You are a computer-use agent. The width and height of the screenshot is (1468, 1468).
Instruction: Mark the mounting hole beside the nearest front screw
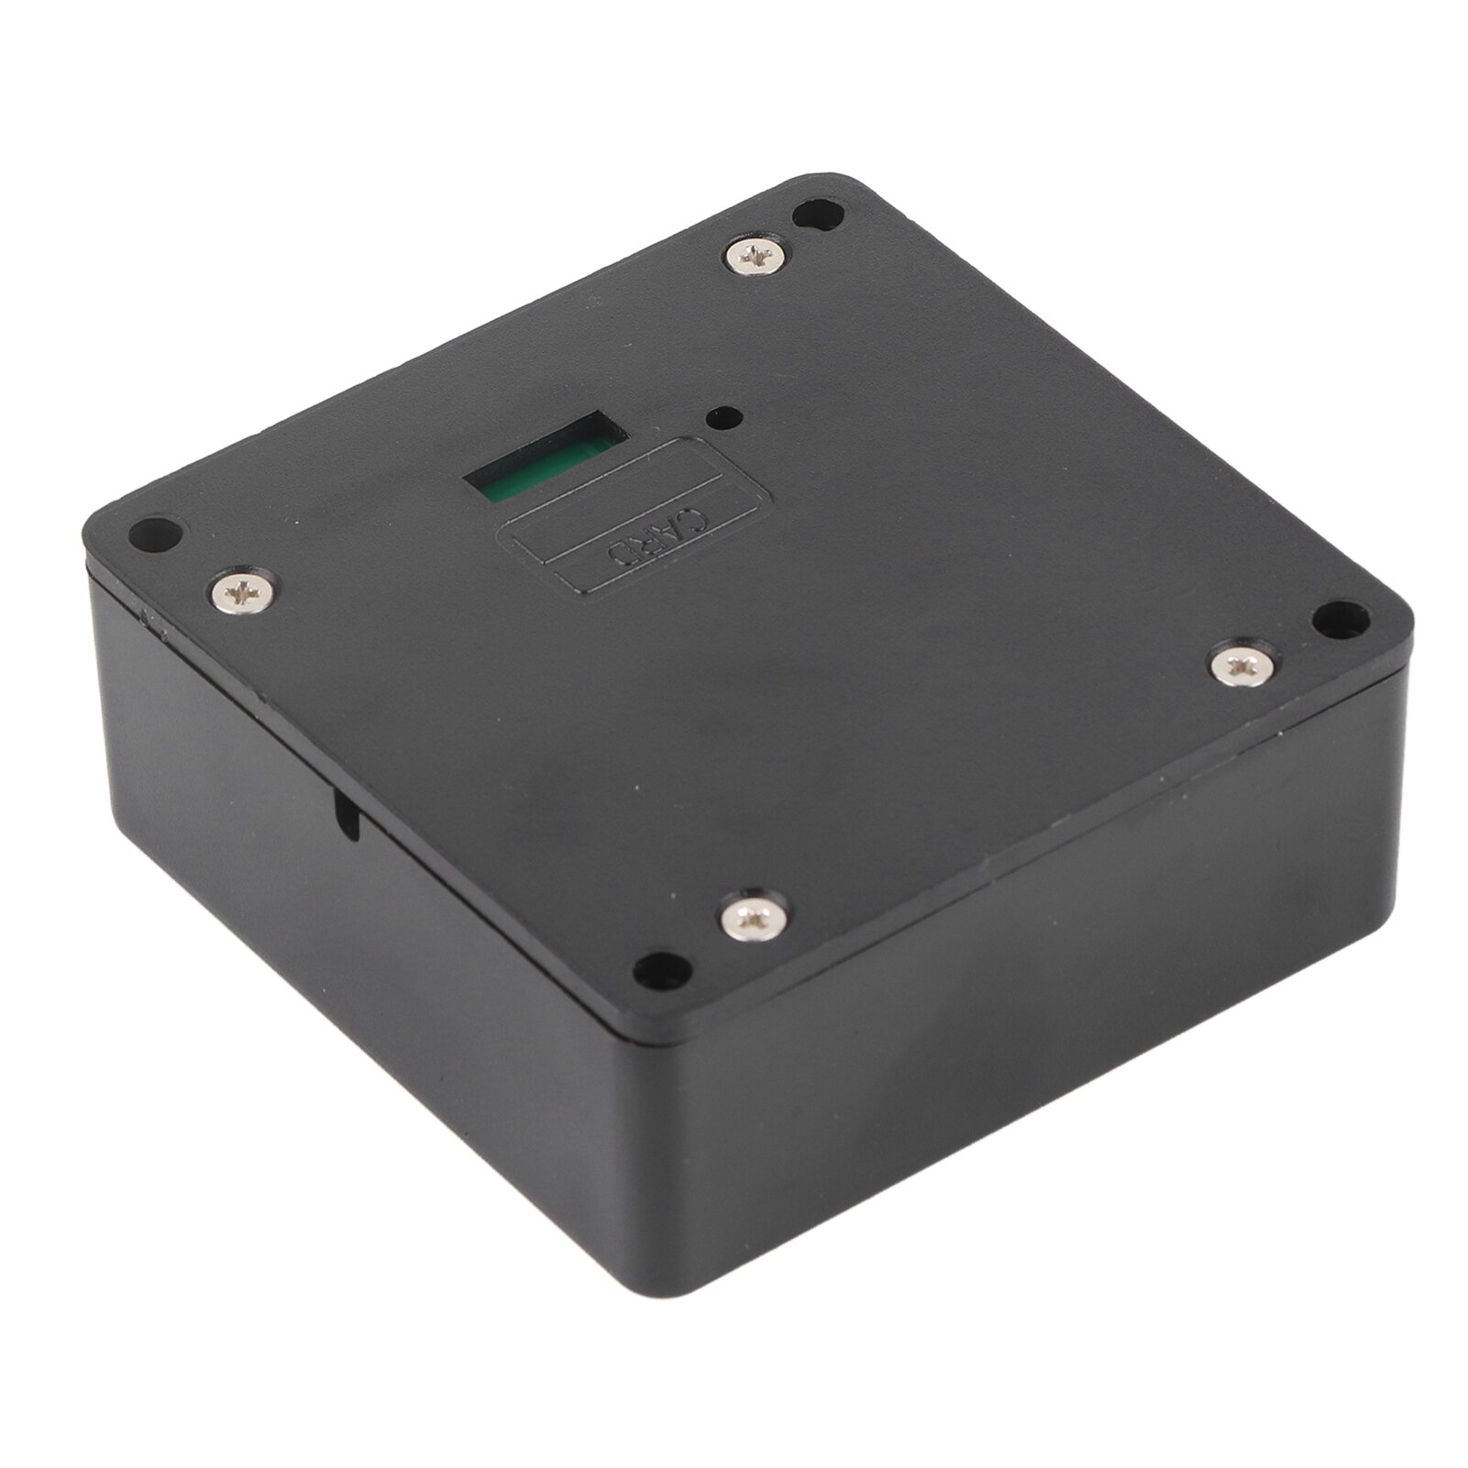click(x=663, y=970)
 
